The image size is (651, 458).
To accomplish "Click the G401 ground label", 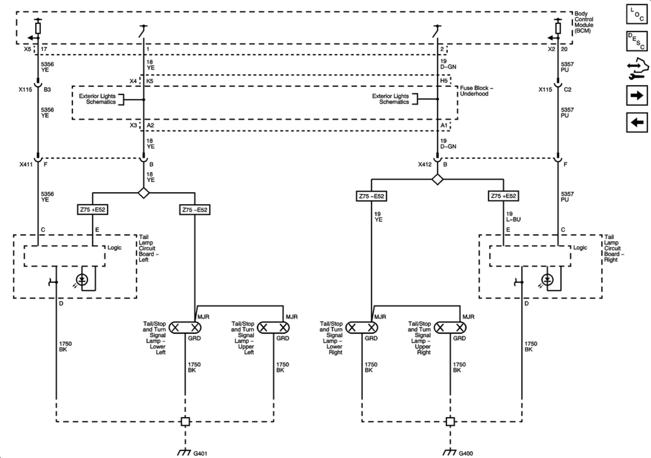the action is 200,454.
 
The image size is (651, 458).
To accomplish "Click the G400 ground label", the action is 465,454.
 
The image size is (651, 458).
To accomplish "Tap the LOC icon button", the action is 637,14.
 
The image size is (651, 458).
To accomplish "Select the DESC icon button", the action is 637,41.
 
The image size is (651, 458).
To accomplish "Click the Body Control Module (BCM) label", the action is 584,22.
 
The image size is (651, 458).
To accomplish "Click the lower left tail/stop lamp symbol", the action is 185,328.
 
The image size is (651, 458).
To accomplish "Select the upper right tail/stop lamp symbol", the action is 450,328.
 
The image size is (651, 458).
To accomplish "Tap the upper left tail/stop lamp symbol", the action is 273,328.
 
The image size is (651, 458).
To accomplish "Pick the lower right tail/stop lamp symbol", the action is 362,328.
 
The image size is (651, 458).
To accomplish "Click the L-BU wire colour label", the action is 513,219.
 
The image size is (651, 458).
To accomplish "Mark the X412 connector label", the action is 425,164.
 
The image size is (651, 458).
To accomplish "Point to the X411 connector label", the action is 26,164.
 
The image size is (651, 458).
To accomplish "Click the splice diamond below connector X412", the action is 437,180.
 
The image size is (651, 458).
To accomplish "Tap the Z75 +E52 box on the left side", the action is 93,210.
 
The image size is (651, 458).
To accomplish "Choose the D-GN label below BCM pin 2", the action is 448,67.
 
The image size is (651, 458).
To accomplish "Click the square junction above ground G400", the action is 450,421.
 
